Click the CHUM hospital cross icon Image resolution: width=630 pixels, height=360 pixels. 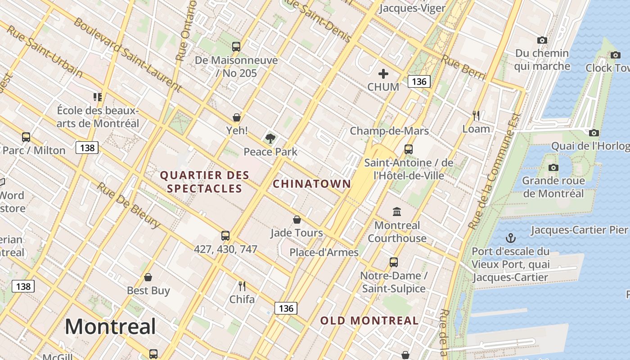pos(383,73)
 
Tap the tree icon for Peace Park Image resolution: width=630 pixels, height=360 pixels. pos(270,138)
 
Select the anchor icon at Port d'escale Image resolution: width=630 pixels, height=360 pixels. pos(511,238)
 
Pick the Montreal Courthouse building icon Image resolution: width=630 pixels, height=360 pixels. pos(397,211)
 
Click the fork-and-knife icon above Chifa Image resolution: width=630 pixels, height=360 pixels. pos(242,286)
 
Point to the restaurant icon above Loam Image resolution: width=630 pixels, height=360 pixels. pos(476,116)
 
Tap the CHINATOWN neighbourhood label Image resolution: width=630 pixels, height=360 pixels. pos(312,184)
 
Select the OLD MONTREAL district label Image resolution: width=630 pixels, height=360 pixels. pos(369,321)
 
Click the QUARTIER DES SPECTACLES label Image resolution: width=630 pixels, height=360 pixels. pos(205,182)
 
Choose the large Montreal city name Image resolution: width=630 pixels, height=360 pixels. pos(110,326)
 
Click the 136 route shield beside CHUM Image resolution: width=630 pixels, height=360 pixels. pos(419,81)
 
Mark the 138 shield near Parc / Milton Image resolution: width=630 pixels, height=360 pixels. pos(87,148)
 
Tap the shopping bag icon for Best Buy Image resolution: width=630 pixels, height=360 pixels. pos(148,277)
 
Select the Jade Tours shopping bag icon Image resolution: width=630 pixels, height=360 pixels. pos(297,220)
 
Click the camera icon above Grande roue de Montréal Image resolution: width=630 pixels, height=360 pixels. pos(553,167)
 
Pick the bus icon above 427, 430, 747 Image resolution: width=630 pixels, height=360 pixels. pos(225,235)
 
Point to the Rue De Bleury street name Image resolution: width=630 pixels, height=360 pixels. pos(128,205)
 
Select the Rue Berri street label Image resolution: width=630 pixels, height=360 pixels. pos(463,68)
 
